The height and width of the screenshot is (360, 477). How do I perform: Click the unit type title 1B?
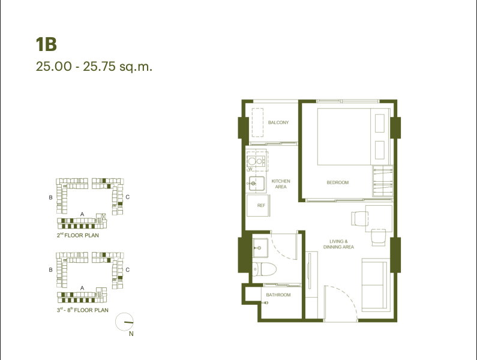(x=46, y=44)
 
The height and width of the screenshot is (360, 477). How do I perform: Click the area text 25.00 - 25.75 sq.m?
(x=94, y=66)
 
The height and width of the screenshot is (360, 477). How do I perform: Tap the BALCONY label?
(x=278, y=122)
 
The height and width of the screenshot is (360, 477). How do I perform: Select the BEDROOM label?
(x=337, y=182)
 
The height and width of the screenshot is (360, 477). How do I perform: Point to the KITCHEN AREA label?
(x=281, y=184)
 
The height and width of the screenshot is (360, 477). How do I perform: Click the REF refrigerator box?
(x=261, y=205)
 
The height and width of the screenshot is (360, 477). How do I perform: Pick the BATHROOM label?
(x=278, y=295)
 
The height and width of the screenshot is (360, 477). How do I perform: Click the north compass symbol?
(x=126, y=322)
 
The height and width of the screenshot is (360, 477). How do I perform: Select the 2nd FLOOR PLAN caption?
(x=78, y=236)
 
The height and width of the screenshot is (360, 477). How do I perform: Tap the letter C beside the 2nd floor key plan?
(x=128, y=197)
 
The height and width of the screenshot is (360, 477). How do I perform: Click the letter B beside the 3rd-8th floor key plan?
(x=51, y=270)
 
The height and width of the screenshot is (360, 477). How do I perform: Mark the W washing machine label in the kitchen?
(x=250, y=169)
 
